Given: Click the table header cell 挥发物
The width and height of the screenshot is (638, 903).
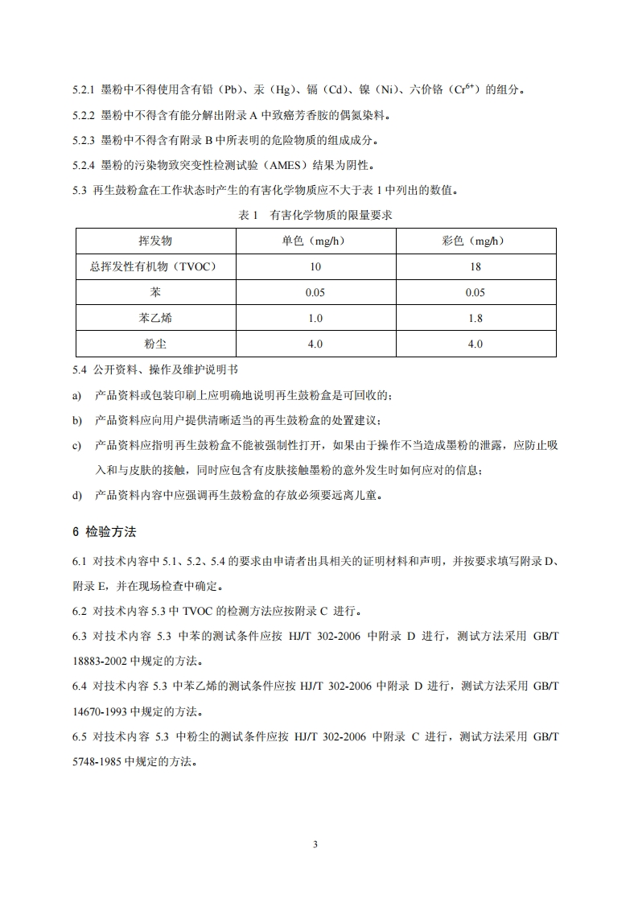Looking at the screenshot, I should (155, 241).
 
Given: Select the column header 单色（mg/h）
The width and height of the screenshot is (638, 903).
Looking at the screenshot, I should (315, 241).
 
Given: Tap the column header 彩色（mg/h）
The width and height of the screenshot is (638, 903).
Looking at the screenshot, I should (475, 241).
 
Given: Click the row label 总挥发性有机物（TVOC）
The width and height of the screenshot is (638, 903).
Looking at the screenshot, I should (155, 266).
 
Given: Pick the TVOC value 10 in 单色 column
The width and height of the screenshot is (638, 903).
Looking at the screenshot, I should (315, 266).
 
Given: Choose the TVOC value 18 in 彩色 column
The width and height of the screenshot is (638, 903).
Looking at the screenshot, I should (475, 266).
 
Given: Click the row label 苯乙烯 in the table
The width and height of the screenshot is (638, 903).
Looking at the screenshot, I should (155, 318).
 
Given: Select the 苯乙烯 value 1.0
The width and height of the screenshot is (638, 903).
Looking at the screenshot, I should (315, 318).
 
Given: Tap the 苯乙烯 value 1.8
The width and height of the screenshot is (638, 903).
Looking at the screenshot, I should (475, 318).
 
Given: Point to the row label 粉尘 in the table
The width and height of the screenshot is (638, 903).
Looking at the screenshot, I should (155, 344).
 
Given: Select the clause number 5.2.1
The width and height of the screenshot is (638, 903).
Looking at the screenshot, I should (84, 89).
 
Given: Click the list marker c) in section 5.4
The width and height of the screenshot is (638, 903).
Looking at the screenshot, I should (77, 445).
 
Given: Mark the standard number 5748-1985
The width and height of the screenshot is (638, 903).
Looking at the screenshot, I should (97, 761).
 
